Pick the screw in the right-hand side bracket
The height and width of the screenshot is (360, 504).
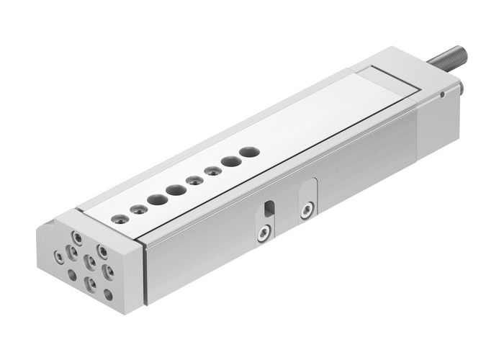point(307,210)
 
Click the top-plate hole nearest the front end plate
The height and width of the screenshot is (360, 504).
point(138,210)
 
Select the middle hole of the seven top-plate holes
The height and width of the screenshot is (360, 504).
point(193,181)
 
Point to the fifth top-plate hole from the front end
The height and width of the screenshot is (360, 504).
point(212,171)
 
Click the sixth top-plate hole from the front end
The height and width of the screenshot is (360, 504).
point(230,162)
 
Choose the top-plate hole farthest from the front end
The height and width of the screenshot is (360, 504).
point(249,153)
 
